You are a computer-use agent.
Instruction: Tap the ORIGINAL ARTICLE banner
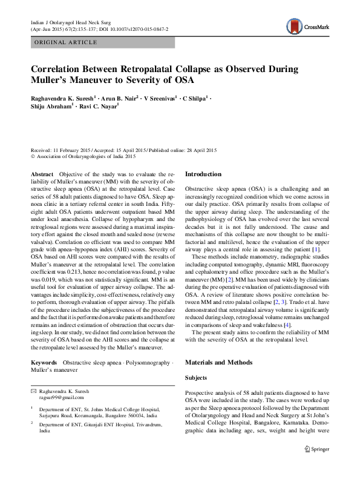pyautogui.click(x=66, y=42)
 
